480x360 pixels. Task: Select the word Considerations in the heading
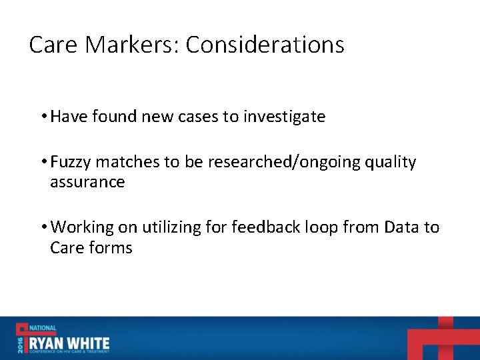click(265, 45)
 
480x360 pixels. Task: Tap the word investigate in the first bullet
click(284, 117)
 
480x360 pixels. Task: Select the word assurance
click(87, 182)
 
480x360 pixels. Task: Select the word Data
click(401, 227)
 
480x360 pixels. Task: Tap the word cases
click(197, 117)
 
